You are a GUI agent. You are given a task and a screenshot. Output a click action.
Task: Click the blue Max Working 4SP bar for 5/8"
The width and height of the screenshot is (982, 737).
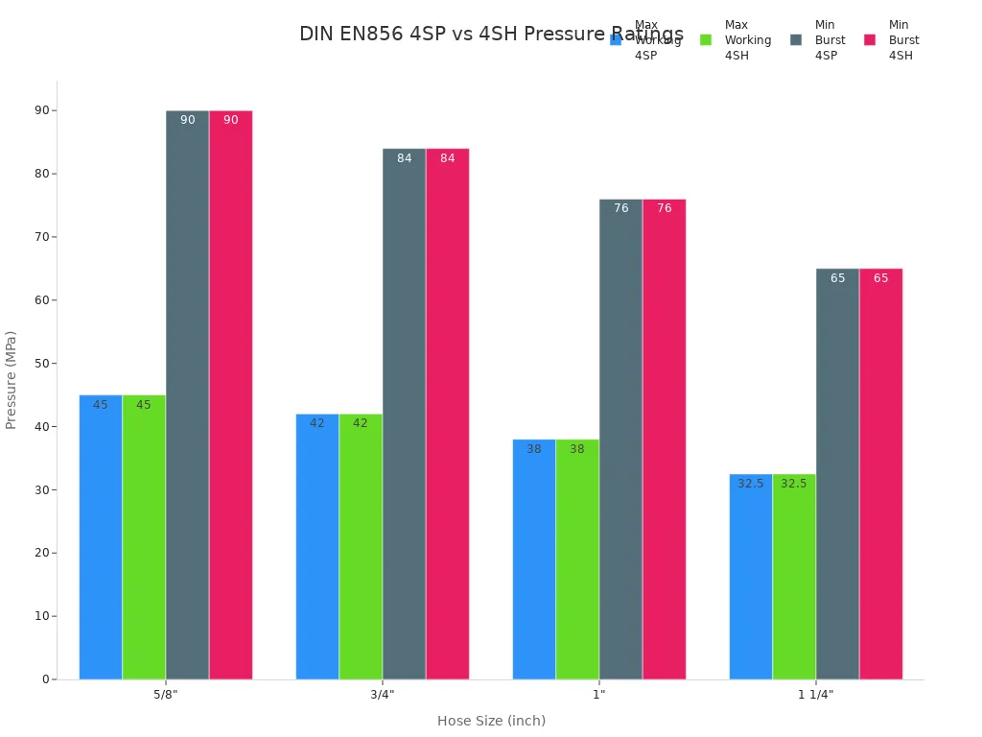click(x=101, y=537)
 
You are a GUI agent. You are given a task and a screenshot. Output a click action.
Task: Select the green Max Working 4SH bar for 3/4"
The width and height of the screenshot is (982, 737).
click(x=361, y=547)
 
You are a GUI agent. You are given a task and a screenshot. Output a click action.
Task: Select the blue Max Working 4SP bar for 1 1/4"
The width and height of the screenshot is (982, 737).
click(x=751, y=577)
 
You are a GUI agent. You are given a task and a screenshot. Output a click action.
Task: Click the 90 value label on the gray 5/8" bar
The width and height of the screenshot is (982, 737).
click(x=188, y=120)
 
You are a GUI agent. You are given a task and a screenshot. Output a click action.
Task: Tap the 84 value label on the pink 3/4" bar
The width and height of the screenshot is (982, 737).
click(x=448, y=158)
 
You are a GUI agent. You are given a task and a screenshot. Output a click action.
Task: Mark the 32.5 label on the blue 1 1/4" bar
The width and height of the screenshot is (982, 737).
click(x=751, y=484)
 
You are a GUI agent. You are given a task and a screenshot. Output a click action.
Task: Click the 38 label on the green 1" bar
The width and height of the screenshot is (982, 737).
click(x=577, y=449)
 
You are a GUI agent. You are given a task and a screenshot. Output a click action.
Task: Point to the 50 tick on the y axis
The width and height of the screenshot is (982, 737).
click(x=42, y=364)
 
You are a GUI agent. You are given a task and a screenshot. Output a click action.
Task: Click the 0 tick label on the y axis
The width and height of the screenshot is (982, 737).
click(x=45, y=679)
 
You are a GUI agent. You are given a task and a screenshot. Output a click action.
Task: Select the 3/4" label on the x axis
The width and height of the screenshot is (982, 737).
click(x=383, y=695)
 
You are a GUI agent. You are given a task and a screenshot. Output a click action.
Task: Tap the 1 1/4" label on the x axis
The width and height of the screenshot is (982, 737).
click(x=816, y=695)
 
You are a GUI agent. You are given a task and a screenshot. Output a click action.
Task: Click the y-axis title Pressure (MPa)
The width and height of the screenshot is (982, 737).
click(x=12, y=380)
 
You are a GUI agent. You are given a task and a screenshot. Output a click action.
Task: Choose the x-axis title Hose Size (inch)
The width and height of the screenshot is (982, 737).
click(x=491, y=721)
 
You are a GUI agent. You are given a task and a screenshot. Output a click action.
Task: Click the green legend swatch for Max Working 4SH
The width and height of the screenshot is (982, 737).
click(x=706, y=40)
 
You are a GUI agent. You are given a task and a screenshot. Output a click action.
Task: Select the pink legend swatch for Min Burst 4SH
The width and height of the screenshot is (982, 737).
click(x=870, y=40)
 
